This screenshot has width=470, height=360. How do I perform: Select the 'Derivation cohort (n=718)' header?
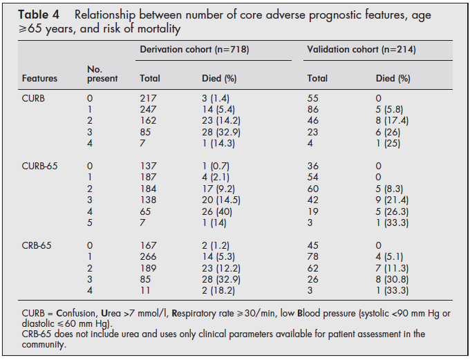point(194,49)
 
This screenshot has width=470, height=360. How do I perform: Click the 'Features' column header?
point(40,78)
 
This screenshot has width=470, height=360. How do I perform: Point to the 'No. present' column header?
point(102,73)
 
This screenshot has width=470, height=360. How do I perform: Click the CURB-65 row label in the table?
point(40,167)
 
